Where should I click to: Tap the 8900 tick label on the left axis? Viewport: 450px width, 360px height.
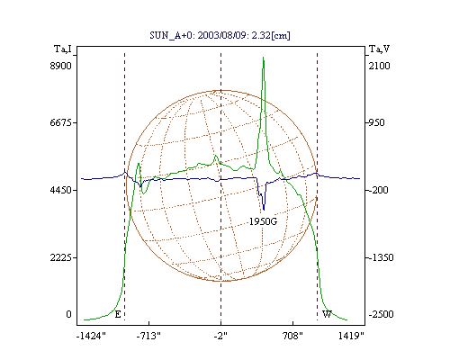coord(60,66)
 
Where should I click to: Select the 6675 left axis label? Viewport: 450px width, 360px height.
coord(60,122)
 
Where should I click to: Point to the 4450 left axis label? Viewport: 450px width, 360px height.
coord(60,190)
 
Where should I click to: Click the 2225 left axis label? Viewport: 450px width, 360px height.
coord(60,257)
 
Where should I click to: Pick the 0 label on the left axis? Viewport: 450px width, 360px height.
coord(68,314)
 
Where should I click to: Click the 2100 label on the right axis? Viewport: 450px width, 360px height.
coord(379,66)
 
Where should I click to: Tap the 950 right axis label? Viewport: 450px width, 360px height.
coord(376,122)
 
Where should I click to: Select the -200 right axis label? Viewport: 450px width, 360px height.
coord(378,190)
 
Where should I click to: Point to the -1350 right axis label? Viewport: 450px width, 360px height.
coord(381,257)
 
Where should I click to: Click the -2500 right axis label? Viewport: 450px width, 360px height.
coord(381,314)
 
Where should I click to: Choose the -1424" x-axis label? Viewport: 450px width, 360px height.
coord(91,336)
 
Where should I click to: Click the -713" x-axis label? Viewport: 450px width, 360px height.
coord(148,336)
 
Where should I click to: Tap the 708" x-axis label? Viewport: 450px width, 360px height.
coord(292,336)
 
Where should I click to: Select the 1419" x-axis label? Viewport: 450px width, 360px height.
coord(351,336)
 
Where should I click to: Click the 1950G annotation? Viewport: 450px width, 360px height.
coord(263,221)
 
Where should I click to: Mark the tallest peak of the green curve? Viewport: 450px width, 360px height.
coord(263,57)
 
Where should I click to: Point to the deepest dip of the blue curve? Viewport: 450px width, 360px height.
coord(264,210)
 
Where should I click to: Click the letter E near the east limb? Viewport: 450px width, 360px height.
coord(118,314)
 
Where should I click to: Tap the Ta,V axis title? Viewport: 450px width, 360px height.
coord(379,49)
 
